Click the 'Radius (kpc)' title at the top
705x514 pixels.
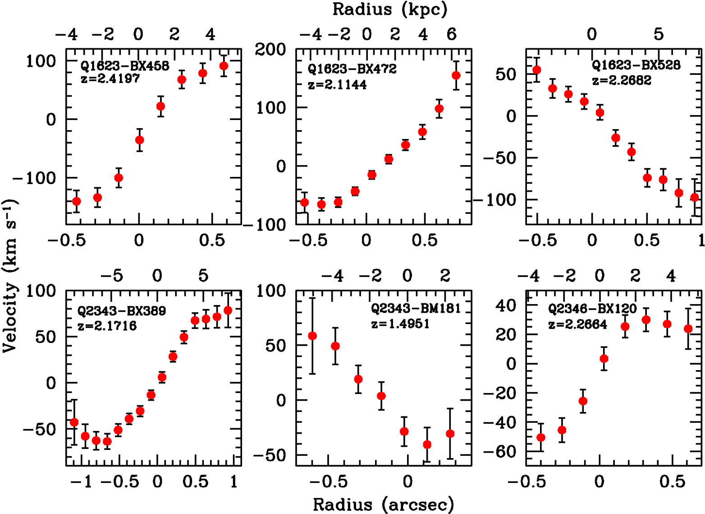point(390,9)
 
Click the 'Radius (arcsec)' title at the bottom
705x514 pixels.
point(383,504)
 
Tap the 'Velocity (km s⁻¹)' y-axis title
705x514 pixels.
point(9,276)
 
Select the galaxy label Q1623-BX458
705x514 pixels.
point(125,66)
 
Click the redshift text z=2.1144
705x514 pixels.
point(337,84)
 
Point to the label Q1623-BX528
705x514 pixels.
point(636,65)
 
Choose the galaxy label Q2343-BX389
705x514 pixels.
point(122,311)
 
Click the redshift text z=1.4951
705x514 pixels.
point(400,324)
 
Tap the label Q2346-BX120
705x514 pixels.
point(592,309)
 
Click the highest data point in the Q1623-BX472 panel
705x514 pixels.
point(456,75)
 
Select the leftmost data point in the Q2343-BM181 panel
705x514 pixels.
point(312,336)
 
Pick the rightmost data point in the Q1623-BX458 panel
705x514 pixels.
point(224,66)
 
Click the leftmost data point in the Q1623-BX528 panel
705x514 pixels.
point(537,70)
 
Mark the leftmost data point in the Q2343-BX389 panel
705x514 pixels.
point(74,422)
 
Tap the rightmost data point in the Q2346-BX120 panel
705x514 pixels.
point(688,329)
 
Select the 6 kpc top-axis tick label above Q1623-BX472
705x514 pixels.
point(452,34)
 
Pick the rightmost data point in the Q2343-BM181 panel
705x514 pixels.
point(450,434)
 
